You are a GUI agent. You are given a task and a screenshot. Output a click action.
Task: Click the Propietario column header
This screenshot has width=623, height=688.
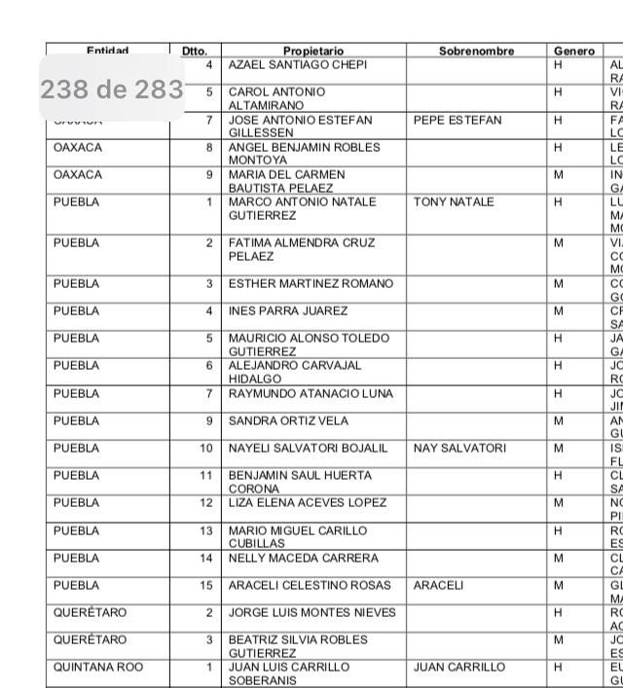(313, 51)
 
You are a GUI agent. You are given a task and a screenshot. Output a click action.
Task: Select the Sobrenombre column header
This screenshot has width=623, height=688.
(476, 51)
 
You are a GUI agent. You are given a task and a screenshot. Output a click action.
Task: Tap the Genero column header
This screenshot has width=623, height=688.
(573, 51)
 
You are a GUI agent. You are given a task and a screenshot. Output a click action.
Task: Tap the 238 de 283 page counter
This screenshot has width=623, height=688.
(112, 91)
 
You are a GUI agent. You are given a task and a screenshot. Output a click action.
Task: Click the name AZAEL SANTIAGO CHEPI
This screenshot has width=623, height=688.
(298, 65)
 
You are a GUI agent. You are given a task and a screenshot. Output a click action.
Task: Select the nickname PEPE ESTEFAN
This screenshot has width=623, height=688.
(458, 121)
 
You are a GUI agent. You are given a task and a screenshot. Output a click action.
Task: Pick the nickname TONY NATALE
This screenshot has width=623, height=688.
(454, 202)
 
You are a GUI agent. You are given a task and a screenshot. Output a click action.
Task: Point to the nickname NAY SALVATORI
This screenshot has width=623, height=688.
(459, 449)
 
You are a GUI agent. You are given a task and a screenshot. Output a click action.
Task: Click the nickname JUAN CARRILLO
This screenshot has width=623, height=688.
(459, 668)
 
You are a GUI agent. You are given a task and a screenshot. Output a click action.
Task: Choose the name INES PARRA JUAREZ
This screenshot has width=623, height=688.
(287, 311)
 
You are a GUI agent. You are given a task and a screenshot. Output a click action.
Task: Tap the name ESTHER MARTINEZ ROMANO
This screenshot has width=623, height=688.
(311, 284)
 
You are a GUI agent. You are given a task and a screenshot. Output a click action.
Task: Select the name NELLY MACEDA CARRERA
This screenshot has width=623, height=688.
(303, 559)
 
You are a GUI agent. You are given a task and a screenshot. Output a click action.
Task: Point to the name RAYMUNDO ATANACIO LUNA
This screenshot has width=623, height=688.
(311, 394)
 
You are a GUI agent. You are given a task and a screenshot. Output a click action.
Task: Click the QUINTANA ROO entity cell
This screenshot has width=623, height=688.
(98, 668)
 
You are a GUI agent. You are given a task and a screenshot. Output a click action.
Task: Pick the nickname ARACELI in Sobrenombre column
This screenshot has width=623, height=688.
(439, 586)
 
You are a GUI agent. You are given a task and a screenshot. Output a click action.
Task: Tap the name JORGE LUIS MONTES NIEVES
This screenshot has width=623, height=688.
(311, 613)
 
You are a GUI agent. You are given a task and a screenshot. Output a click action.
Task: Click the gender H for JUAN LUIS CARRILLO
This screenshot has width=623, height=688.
(559, 668)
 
